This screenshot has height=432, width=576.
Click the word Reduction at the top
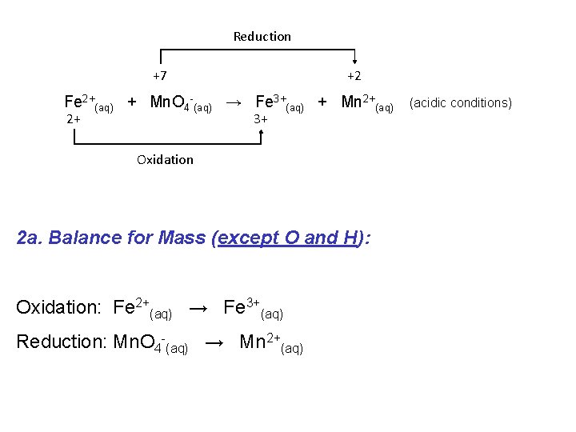click(x=262, y=36)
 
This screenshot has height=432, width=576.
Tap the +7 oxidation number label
click(x=160, y=76)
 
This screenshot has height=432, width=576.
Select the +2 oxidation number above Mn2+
click(x=354, y=76)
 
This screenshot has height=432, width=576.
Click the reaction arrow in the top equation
click(x=234, y=102)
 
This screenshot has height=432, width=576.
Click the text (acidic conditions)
click(x=460, y=102)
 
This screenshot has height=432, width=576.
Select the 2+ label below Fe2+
click(x=73, y=119)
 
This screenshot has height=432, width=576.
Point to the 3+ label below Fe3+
click(x=260, y=119)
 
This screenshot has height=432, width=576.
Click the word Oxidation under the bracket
click(x=165, y=159)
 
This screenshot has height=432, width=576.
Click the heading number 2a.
click(x=29, y=238)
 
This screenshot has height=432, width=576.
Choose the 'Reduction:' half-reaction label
click(x=61, y=342)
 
